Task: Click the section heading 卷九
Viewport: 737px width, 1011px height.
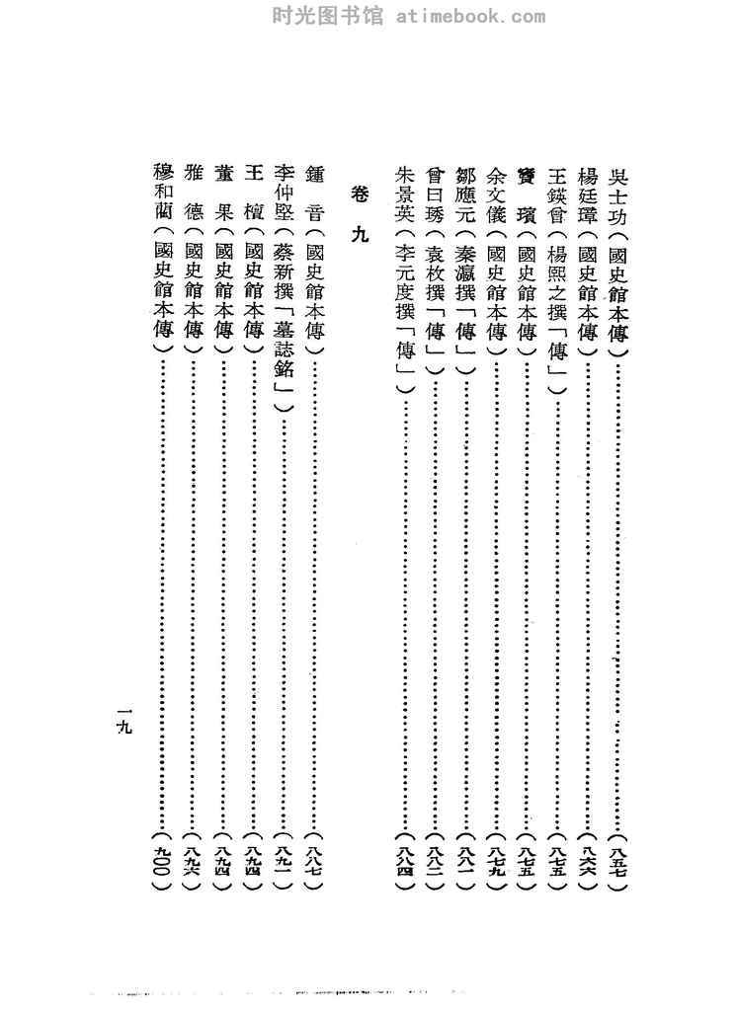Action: click(x=358, y=213)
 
